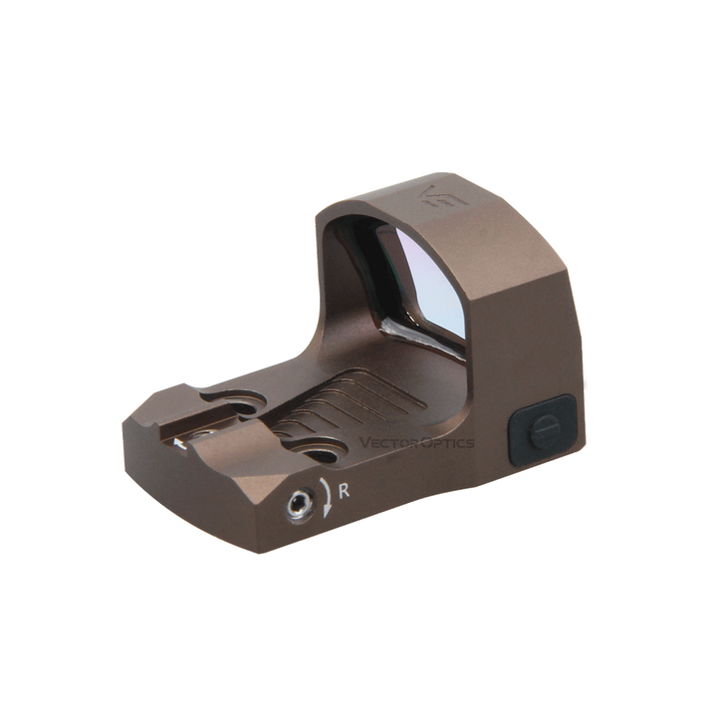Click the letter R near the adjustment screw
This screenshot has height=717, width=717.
tap(344, 491)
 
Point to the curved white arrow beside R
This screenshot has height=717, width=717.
tap(327, 498)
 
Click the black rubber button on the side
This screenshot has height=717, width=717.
tap(542, 429)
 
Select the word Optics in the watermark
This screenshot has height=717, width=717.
tap(447, 442)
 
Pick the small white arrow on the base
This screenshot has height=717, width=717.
tap(179, 442)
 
